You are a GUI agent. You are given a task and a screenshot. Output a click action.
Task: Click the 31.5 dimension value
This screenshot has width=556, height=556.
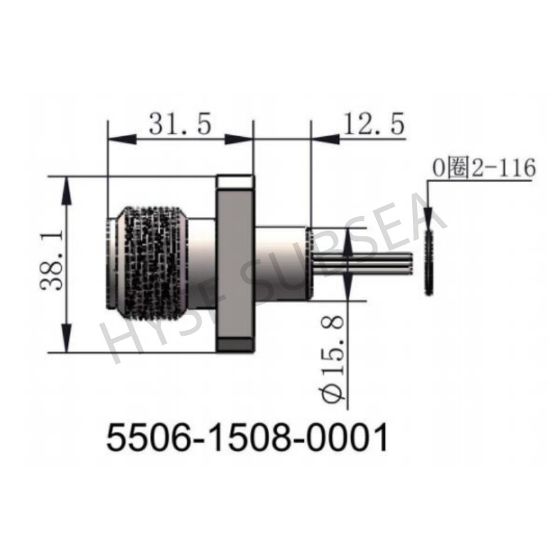click(x=179, y=125)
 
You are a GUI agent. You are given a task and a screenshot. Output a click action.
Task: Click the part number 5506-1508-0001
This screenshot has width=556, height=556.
click(x=246, y=437)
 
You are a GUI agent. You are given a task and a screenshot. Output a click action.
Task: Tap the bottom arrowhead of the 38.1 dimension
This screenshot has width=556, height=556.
click(x=67, y=345)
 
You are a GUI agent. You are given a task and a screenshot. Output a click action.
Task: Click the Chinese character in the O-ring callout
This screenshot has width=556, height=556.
click(x=457, y=167)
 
